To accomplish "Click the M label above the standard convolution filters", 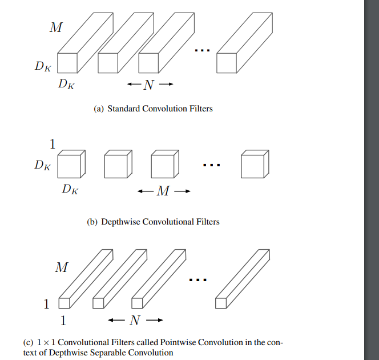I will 55,27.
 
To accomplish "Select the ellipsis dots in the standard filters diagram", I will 203,51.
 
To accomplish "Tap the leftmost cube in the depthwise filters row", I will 72,165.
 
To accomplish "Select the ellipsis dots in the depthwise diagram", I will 211,165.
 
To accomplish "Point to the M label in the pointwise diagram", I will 61,267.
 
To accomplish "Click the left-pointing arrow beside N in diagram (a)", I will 132,86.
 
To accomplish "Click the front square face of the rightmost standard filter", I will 227,63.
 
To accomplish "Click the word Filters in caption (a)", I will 200,108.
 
